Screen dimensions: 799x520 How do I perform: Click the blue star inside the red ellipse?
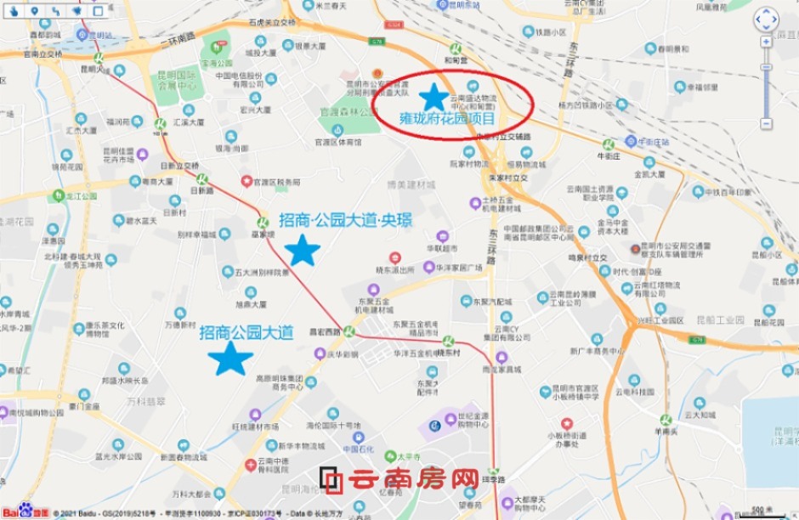[x=434, y=97]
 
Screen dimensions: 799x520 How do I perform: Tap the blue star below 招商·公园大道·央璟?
[x=302, y=251]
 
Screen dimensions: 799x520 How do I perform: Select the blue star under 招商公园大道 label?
[x=230, y=359]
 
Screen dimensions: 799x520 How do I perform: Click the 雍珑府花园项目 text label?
[x=447, y=119]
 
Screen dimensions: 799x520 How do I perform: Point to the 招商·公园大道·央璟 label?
[x=345, y=221]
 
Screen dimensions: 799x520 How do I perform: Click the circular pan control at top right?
[x=766, y=20]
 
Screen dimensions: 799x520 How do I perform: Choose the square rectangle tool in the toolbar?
[x=98, y=11]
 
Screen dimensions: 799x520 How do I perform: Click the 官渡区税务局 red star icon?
[x=246, y=181]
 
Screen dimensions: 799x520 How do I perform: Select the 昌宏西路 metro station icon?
[x=348, y=331]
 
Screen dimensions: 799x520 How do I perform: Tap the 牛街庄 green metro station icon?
[x=608, y=145]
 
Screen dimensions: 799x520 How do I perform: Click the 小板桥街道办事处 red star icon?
[x=566, y=423]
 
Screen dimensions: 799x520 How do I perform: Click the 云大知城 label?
[x=697, y=415]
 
